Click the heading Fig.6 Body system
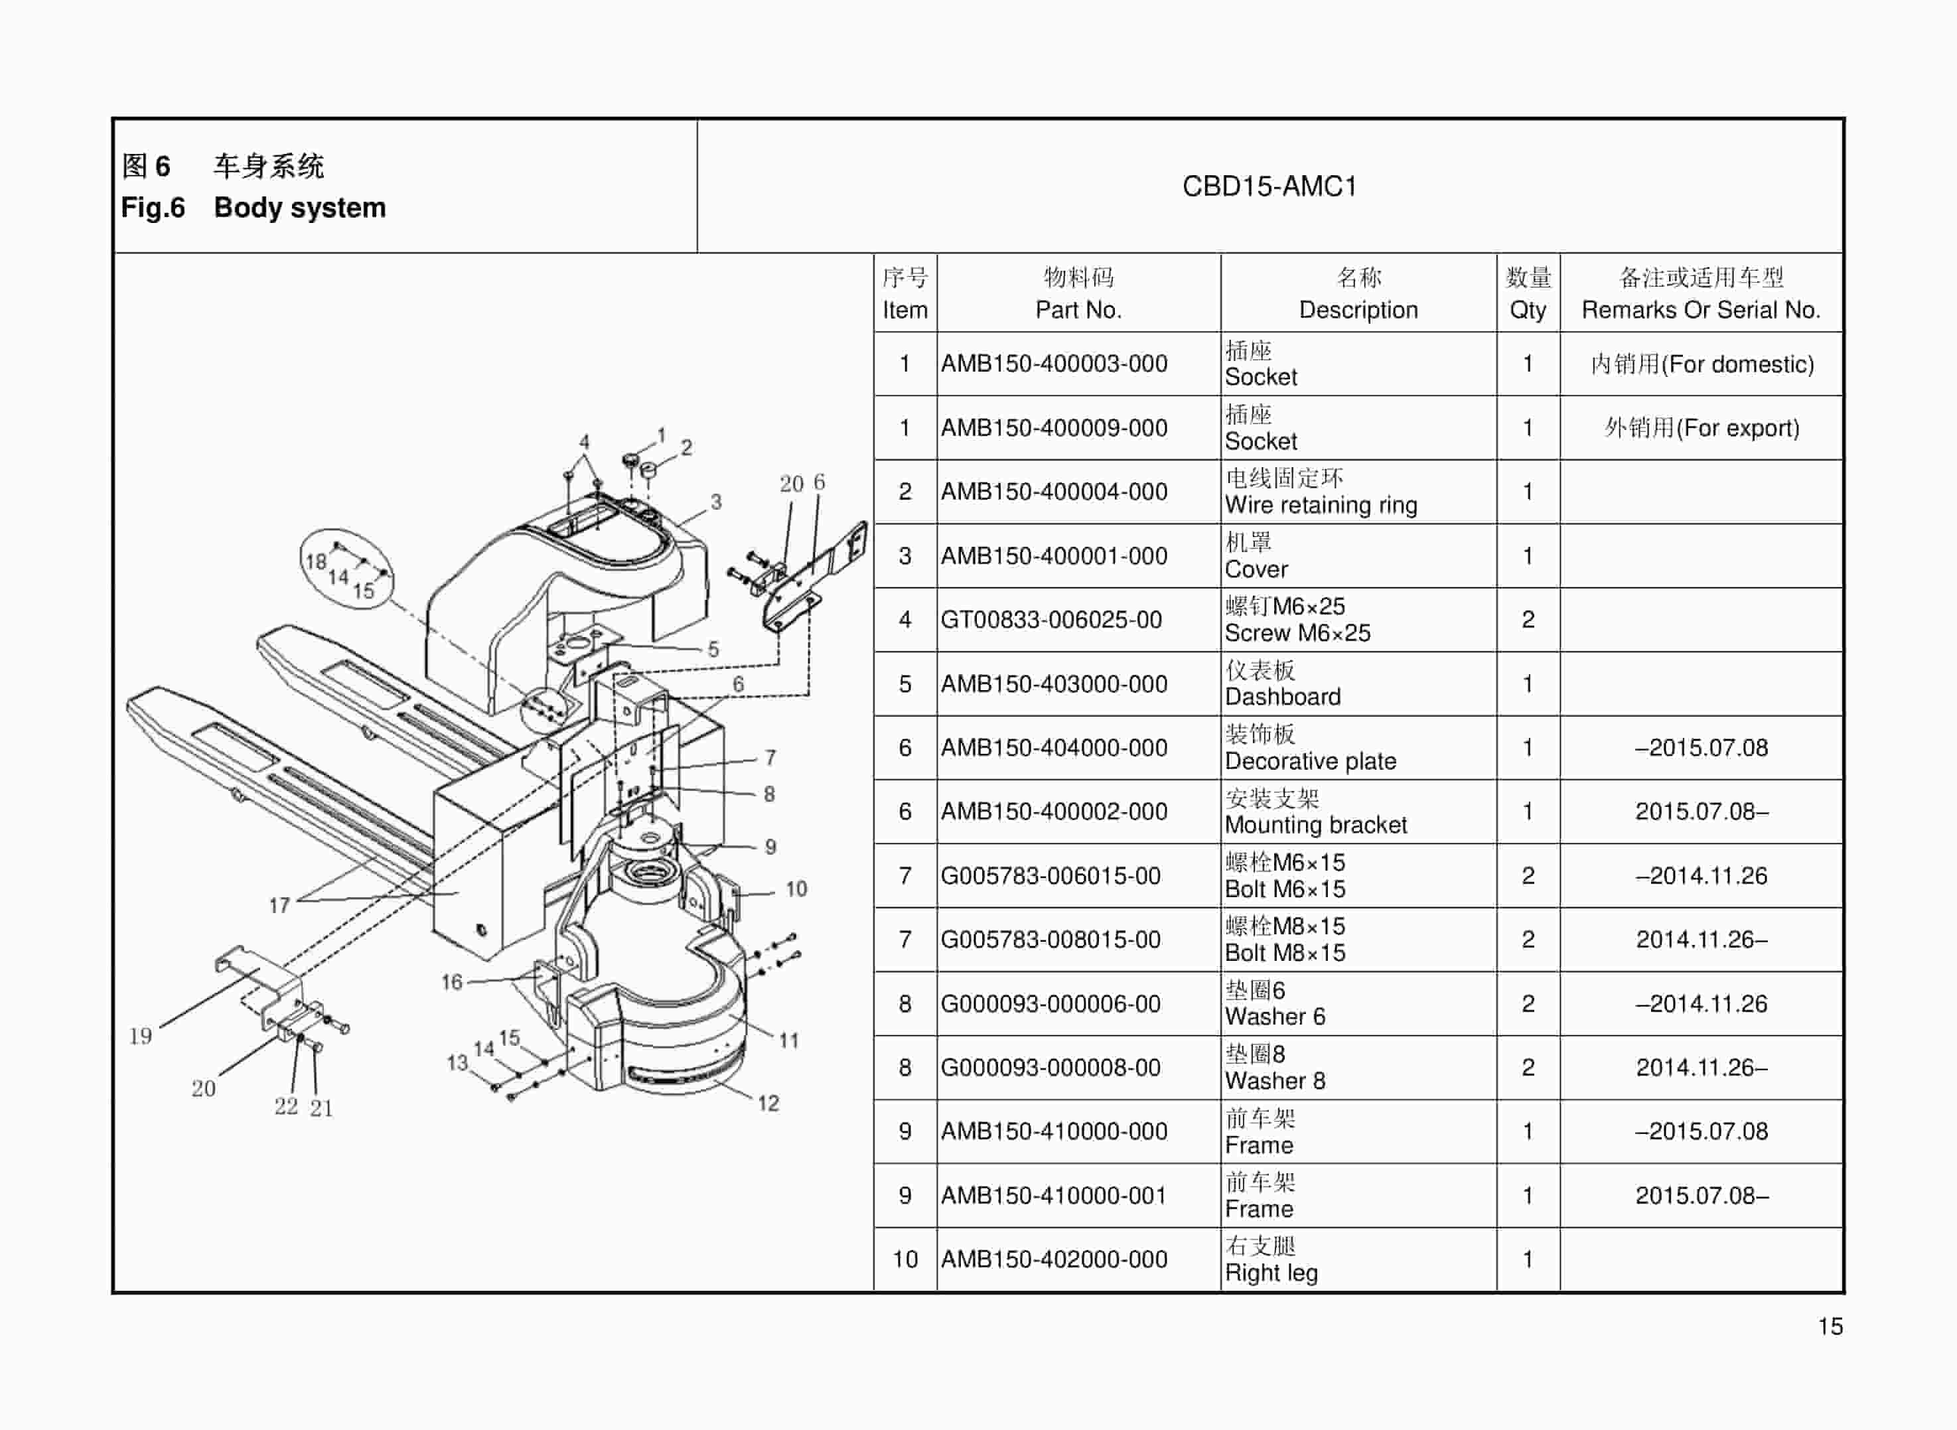(253, 208)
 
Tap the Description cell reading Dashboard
(1282, 697)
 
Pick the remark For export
(1701, 427)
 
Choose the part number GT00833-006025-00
(1051, 620)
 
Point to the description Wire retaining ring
(1320, 505)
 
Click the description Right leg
(1271, 1273)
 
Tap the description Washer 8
(1274, 1080)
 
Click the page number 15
(1830, 1326)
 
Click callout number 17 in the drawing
(279, 905)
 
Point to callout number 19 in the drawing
(140, 1036)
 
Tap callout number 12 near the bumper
(768, 1103)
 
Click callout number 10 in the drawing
(796, 889)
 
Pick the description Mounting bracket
(1315, 825)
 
